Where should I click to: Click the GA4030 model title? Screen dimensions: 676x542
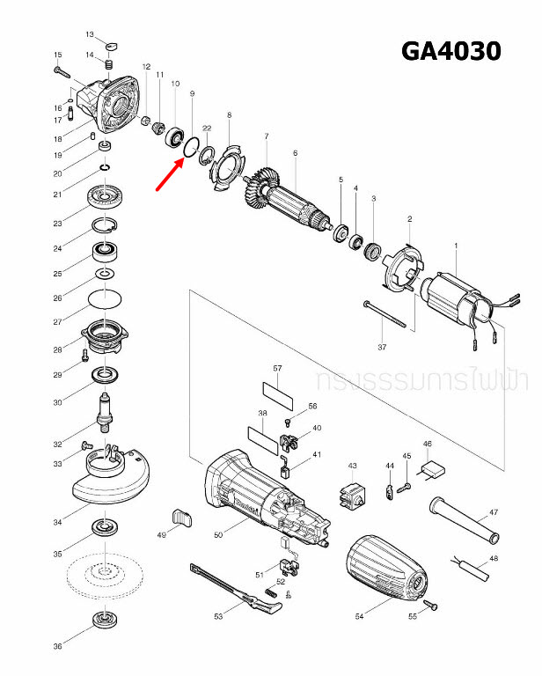[450, 51]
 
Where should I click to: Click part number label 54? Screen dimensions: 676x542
[359, 617]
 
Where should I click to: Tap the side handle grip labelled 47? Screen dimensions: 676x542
[464, 521]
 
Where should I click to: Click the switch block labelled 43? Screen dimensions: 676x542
[353, 496]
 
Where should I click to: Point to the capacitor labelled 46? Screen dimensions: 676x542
[434, 471]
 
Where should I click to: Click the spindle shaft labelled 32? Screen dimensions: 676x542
[106, 413]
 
